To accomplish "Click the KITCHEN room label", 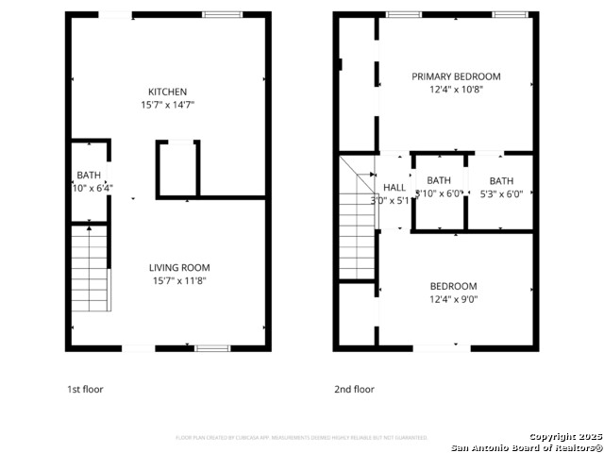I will (167, 92).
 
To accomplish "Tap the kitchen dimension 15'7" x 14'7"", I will (167, 105).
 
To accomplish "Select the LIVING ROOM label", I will (181, 267).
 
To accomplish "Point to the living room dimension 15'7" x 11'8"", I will (181, 280).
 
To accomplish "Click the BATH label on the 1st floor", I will (89, 176).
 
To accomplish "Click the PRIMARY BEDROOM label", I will (456, 76).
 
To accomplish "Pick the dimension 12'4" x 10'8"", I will (456, 90).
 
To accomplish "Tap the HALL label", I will (394, 188).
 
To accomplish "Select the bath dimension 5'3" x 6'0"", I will (501, 194).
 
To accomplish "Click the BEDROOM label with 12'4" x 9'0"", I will (453, 286).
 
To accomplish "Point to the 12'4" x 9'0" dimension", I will (453, 299).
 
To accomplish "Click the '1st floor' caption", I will (85, 389).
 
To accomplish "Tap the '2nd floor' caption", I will (354, 389).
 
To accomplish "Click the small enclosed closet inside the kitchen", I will (177, 169).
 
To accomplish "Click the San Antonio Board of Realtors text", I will (526, 447).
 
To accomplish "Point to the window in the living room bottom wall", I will (211, 348).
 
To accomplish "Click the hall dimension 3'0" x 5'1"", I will (390, 200).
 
